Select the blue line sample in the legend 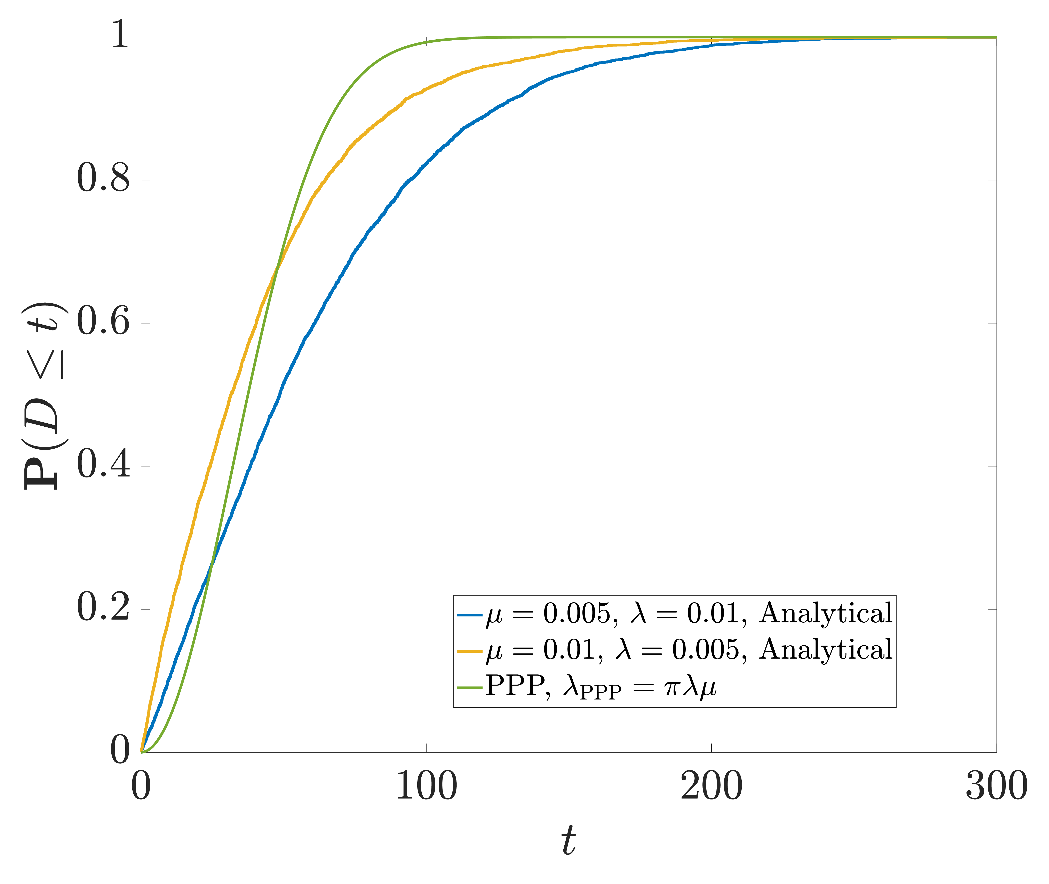(x=470, y=614)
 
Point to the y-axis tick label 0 (x=120, y=751)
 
